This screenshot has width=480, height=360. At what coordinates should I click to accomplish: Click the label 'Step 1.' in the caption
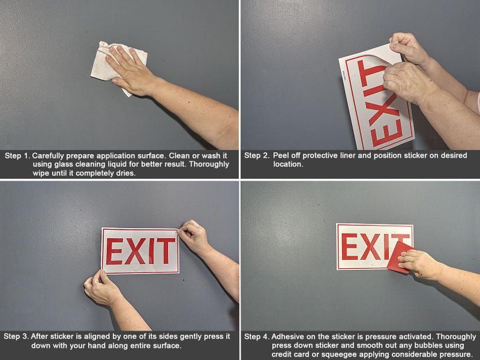17,156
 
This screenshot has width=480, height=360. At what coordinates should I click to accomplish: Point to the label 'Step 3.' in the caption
17,336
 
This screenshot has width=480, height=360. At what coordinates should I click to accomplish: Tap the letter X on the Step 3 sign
134,251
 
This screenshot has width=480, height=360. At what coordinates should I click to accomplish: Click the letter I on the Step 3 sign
150,251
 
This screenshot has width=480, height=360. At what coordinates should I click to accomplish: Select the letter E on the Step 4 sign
349,246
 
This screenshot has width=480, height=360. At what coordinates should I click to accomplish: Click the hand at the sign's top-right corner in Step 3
193,236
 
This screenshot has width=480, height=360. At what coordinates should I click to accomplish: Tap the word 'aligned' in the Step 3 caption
95,336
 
